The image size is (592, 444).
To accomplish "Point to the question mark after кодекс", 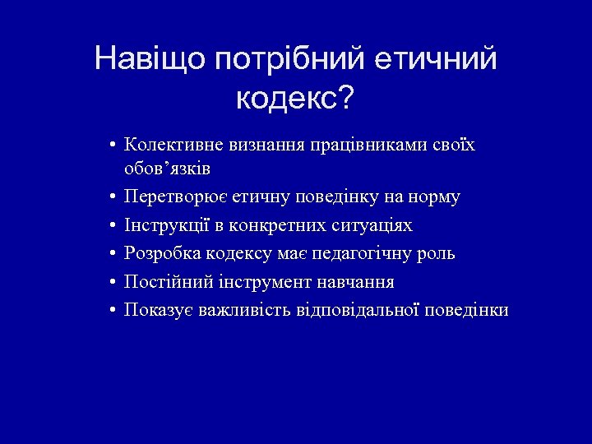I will coord(347,99).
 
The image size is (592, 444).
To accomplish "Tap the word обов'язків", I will coord(166,169).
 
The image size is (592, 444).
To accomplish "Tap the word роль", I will coord(437,254).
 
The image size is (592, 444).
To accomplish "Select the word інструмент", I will coord(259,282).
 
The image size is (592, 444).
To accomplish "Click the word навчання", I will coord(358,282).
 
